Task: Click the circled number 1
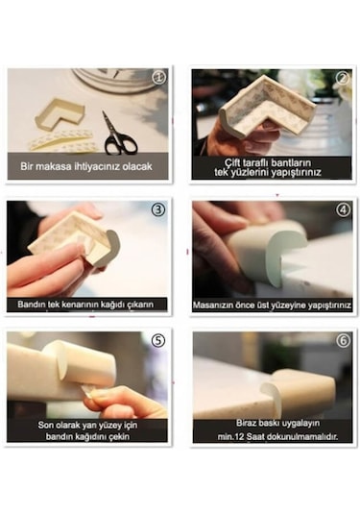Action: click(x=158, y=78)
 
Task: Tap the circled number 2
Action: click(x=343, y=78)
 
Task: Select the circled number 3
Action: click(x=158, y=209)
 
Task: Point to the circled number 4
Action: click(x=343, y=209)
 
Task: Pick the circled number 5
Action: click(x=158, y=341)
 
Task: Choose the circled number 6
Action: click(x=343, y=341)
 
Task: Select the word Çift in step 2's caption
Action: click(x=232, y=163)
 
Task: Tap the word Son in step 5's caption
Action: click(x=45, y=426)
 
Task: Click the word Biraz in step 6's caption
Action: click(x=247, y=423)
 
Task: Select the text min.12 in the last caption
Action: click(x=230, y=437)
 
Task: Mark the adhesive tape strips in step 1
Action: click(x=62, y=141)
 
